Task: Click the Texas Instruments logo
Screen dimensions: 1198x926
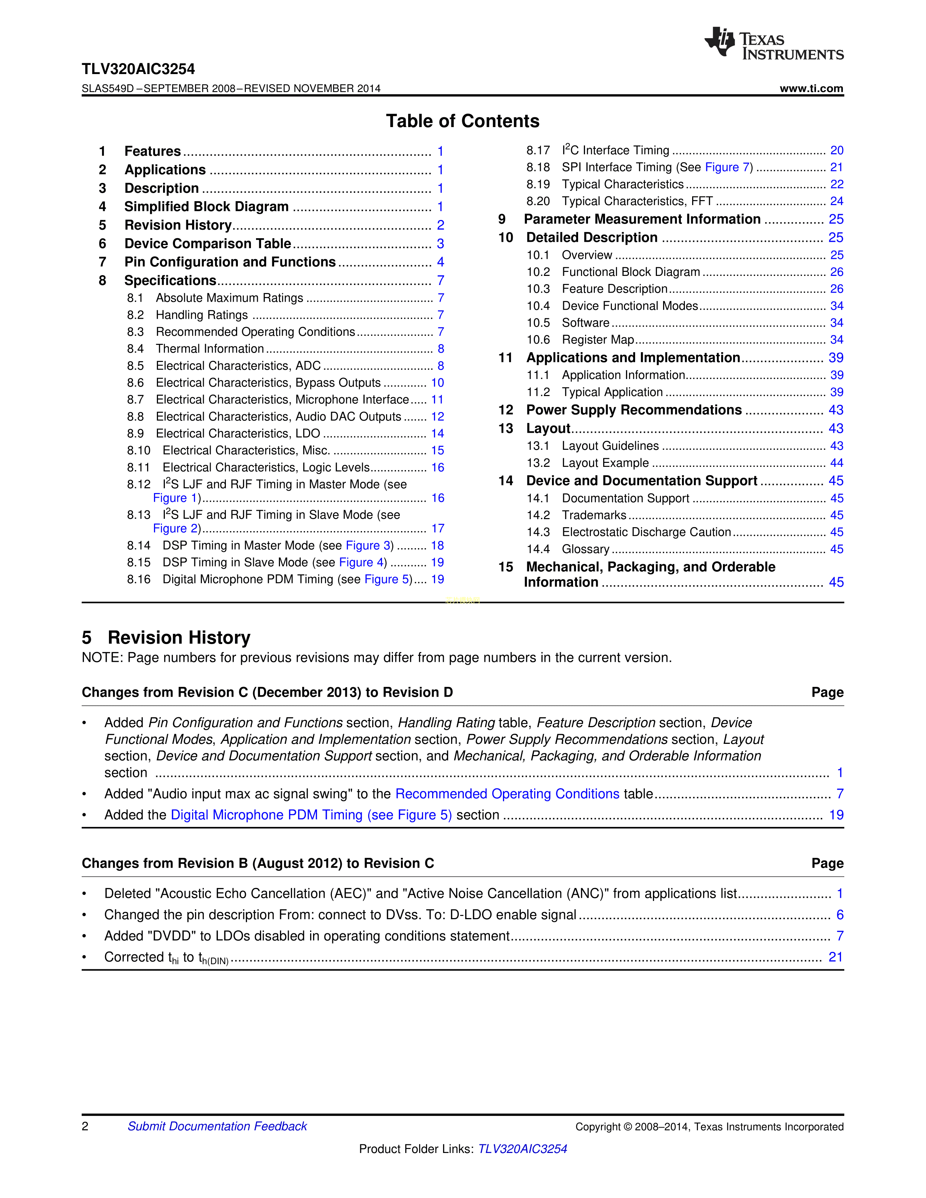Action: click(x=773, y=43)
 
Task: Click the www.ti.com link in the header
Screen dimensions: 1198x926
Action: click(x=811, y=88)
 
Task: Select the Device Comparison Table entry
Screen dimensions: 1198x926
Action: click(x=207, y=244)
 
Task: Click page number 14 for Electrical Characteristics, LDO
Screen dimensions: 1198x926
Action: click(x=437, y=433)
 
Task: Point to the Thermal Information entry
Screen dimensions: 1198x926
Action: click(x=210, y=349)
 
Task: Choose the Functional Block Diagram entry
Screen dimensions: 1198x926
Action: click(x=631, y=272)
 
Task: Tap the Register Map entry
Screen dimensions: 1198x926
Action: click(x=598, y=340)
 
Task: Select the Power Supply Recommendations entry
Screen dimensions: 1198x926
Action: click(x=634, y=410)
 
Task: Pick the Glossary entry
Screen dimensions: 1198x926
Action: click(x=585, y=549)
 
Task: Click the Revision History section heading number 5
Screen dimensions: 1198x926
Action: click(x=87, y=638)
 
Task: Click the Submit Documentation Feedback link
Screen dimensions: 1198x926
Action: click(x=217, y=1126)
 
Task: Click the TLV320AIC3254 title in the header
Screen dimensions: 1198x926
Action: click(x=138, y=69)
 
